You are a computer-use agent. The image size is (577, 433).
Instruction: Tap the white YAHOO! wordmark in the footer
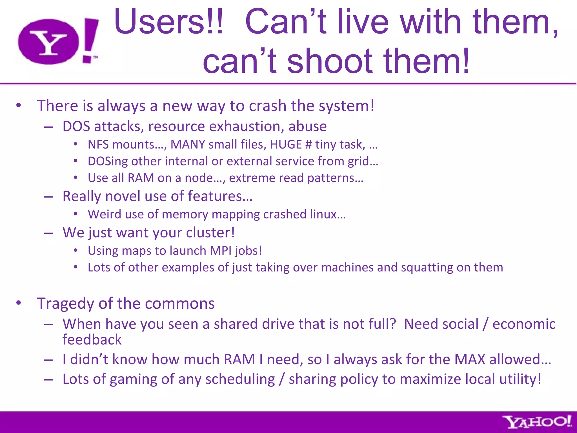tap(538, 422)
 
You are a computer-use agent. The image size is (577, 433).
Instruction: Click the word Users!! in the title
tap(168, 22)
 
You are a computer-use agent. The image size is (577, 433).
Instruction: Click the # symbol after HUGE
tap(309, 145)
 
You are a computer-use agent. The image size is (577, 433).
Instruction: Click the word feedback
tap(92, 340)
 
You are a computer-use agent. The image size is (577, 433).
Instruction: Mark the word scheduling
tap(240, 379)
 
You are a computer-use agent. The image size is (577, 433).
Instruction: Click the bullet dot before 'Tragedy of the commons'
tap(19, 303)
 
